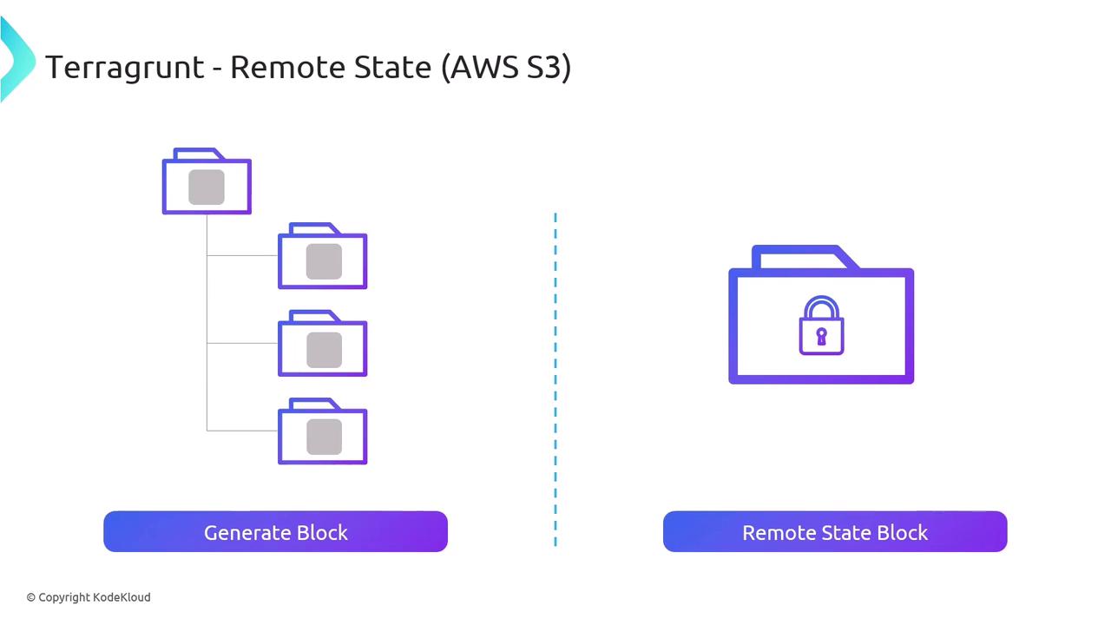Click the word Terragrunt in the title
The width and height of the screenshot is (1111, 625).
click(124, 67)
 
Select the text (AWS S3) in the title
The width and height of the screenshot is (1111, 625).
click(505, 67)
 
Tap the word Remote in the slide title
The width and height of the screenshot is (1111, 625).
click(287, 67)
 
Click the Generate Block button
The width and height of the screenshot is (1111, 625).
click(275, 532)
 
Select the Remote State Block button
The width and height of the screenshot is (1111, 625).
click(834, 532)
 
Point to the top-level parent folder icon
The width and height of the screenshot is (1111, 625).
click(207, 182)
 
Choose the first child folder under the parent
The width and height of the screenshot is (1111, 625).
click(322, 257)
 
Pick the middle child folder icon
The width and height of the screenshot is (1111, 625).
click(322, 345)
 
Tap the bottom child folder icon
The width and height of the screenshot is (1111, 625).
click(322, 432)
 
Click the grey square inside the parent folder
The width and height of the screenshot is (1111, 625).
click(207, 187)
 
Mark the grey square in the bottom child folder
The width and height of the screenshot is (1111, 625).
click(324, 437)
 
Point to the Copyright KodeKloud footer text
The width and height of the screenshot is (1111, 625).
click(89, 597)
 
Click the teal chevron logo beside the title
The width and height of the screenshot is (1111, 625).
click(16, 59)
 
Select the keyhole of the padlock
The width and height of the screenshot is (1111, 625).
click(821, 336)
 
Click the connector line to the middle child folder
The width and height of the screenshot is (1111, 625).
click(242, 343)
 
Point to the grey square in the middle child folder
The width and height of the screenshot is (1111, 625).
click(324, 349)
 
